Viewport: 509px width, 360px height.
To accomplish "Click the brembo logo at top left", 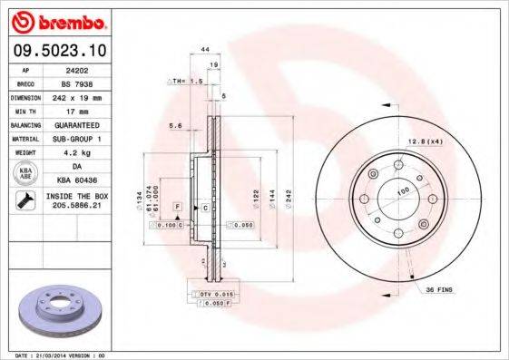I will click(57, 21).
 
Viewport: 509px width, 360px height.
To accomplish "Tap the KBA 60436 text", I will click(75, 180).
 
